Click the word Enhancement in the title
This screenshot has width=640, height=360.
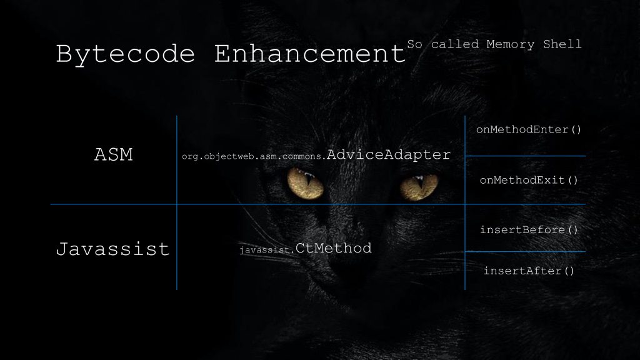click(x=310, y=54)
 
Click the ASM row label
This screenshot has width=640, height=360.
click(x=113, y=155)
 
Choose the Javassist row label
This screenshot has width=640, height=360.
click(x=113, y=249)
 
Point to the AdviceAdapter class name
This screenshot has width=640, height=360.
click(x=389, y=155)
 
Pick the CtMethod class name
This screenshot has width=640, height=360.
click(x=334, y=248)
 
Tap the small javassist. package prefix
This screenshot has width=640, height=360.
click(x=267, y=250)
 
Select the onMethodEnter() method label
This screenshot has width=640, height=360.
click(x=529, y=130)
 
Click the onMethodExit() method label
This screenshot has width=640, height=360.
click(x=529, y=180)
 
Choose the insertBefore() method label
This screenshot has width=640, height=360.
click(x=529, y=229)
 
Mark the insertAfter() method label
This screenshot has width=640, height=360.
click(x=529, y=271)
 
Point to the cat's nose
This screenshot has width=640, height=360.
click(x=359, y=250)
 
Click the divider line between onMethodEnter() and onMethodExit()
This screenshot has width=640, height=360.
click(x=525, y=156)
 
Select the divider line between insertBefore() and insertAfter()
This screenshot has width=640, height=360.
click(x=525, y=251)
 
